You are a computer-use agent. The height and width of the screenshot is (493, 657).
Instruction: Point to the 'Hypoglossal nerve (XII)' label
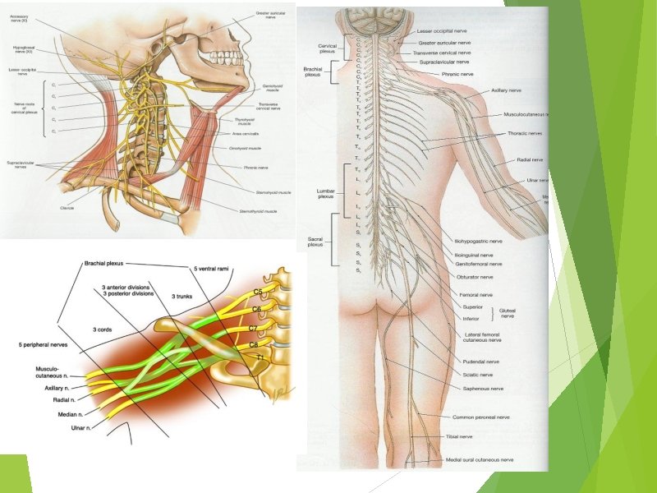(x=24, y=49)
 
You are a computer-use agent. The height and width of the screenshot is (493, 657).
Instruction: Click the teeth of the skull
(x=224, y=58)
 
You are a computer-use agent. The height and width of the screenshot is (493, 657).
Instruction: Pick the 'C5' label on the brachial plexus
(x=257, y=292)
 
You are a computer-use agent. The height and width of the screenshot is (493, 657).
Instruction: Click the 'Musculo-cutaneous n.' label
(x=51, y=374)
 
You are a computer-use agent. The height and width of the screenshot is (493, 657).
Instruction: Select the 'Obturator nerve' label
(x=474, y=277)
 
